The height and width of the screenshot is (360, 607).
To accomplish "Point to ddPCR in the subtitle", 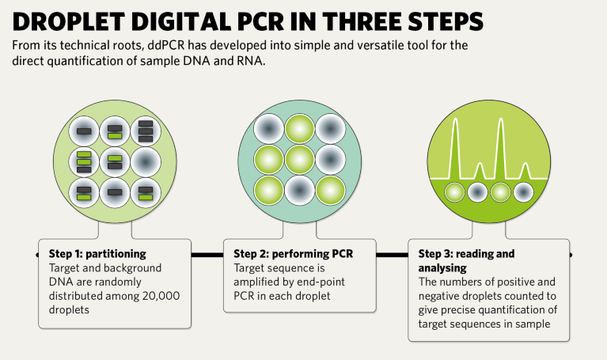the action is pos(165,45).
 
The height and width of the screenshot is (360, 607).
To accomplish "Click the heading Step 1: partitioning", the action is pos(97,254).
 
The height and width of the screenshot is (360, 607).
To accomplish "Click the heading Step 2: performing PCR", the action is pos(293,254).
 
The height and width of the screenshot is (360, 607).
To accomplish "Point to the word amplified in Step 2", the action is pos(255,282).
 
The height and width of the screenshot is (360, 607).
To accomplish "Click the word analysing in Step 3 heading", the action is pos(442,268).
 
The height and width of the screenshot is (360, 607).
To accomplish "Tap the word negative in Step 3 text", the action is pos(436,296).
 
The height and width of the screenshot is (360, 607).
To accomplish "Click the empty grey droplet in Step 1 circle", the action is pos(146,162).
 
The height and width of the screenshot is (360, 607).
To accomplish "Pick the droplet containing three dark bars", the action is pos(146,131).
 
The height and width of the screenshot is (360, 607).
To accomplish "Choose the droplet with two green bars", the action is pos(84,162).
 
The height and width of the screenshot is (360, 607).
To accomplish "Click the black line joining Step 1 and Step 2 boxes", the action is pos(207,255).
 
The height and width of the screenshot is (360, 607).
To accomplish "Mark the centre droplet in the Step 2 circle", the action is pos(300,160).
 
